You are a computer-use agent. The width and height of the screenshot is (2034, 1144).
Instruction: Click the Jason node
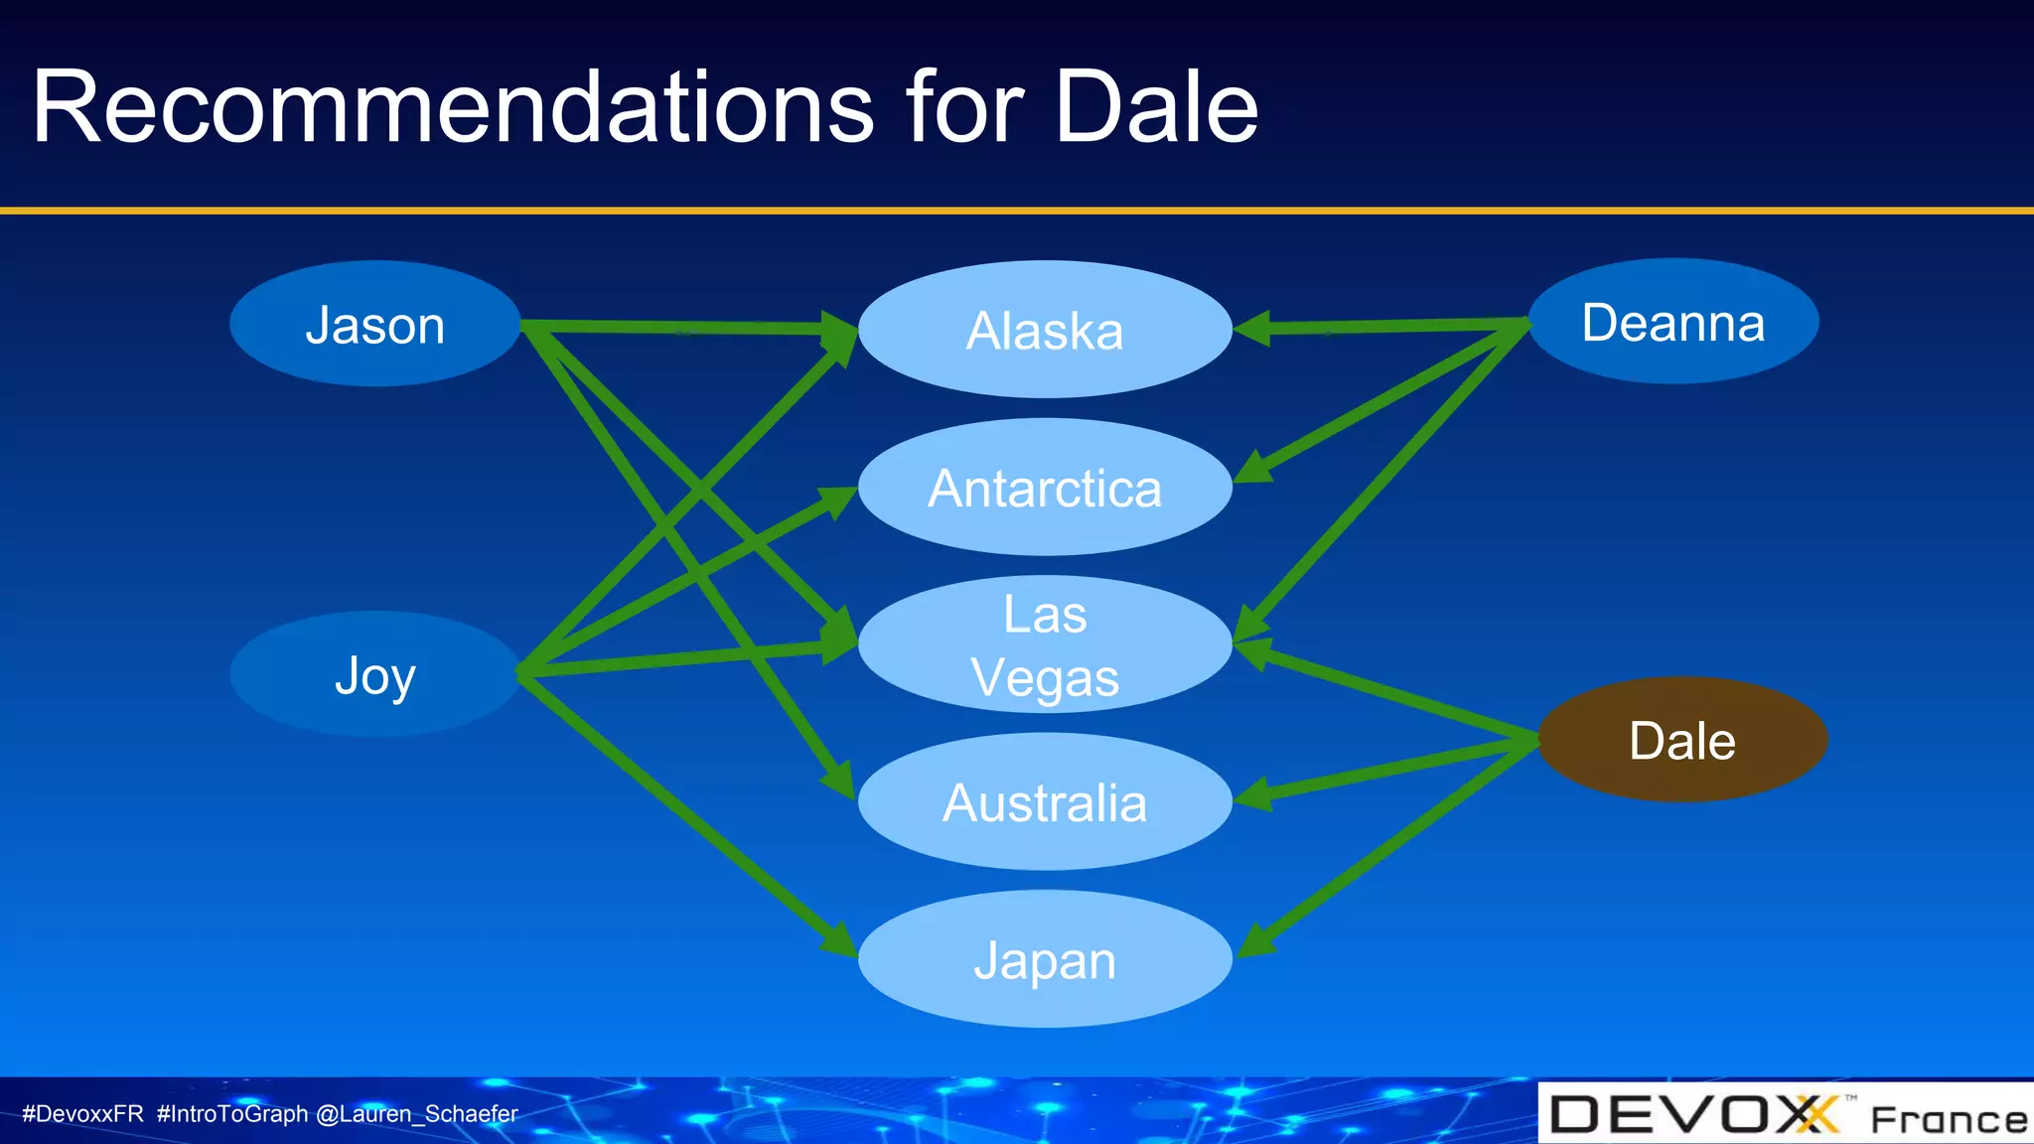(x=374, y=324)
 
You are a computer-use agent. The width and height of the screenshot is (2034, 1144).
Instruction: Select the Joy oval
(x=374, y=674)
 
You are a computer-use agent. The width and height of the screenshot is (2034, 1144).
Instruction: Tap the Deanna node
(x=1672, y=322)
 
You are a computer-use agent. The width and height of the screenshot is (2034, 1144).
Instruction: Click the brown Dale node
(x=1681, y=740)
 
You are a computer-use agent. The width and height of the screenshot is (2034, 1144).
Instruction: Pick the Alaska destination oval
(x=1044, y=330)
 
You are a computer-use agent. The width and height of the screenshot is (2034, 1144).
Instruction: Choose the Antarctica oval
(x=1044, y=488)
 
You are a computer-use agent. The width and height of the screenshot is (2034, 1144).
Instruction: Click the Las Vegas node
(x=1044, y=644)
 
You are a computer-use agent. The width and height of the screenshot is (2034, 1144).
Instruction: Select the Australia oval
(x=1044, y=802)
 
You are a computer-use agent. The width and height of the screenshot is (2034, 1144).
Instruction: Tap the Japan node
(x=1044, y=959)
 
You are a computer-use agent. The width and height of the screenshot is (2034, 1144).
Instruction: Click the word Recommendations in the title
(x=452, y=107)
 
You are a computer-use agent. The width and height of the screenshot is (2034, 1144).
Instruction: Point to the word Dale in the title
(x=1155, y=107)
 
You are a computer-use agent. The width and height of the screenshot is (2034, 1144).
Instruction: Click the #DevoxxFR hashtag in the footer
(x=82, y=1114)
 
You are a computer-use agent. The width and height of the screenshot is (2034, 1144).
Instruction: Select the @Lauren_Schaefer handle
(x=416, y=1114)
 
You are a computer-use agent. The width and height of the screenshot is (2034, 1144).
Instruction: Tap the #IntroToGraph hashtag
(x=231, y=1114)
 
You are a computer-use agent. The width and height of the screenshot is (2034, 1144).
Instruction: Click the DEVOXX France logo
(x=1785, y=1114)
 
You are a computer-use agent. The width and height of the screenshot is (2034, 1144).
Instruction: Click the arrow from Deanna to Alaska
(x=1390, y=326)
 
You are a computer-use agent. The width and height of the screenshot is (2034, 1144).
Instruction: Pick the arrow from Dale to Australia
(x=1390, y=771)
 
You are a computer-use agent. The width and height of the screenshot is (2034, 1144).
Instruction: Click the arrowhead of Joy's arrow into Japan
(x=840, y=941)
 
